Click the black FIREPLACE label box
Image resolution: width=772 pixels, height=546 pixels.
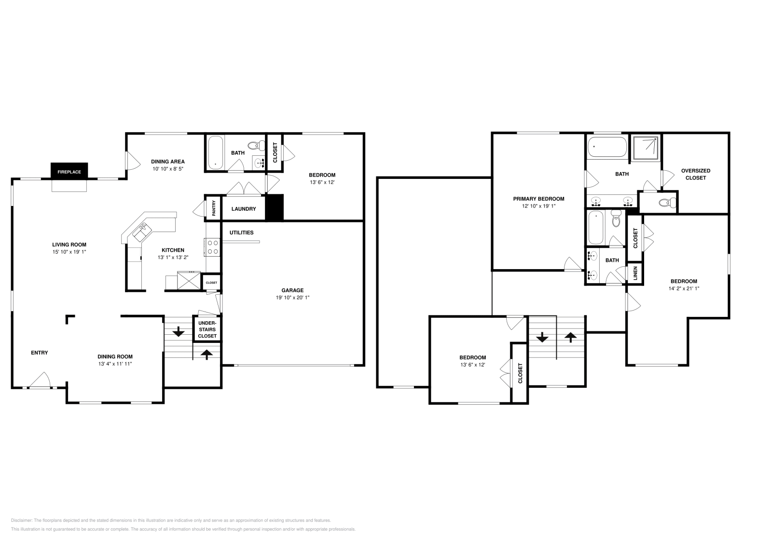[69, 172]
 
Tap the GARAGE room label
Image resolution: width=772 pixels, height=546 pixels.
[292, 290]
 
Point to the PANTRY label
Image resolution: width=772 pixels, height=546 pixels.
[214, 208]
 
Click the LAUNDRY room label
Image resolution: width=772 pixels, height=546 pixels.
[244, 209]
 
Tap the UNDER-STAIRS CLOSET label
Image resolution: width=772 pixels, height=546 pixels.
[207, 329]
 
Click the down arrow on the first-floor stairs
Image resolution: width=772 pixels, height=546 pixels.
[179, 331]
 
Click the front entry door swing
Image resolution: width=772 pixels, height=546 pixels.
[41, 380]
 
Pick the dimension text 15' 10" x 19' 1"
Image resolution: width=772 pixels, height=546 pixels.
[69, 252]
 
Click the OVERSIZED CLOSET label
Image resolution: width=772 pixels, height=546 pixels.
[695, 174]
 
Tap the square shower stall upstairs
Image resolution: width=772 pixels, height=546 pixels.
[646, 148]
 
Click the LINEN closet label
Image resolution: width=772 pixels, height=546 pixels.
[635, 273]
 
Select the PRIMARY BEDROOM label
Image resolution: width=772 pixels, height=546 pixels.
[538, 199]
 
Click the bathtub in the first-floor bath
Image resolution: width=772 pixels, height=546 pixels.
[215, 152]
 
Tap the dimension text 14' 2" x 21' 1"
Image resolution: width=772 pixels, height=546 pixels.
[684, 288]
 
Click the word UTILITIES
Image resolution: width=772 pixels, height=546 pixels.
[241, 232]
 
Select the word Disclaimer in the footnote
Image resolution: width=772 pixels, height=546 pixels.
[21, 520]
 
